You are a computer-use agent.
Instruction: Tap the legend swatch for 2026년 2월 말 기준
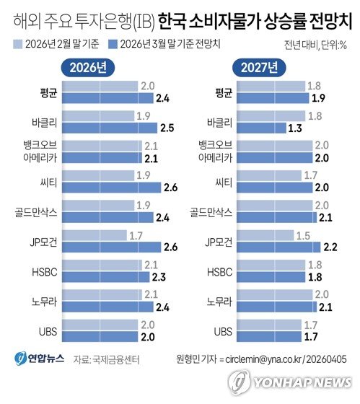(18, 45)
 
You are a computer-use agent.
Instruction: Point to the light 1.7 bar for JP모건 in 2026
(105, 234)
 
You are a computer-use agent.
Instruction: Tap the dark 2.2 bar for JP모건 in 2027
(277, 247)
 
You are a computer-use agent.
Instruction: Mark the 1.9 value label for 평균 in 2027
(315, 99)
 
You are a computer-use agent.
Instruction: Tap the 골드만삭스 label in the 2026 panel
(43, 211)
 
